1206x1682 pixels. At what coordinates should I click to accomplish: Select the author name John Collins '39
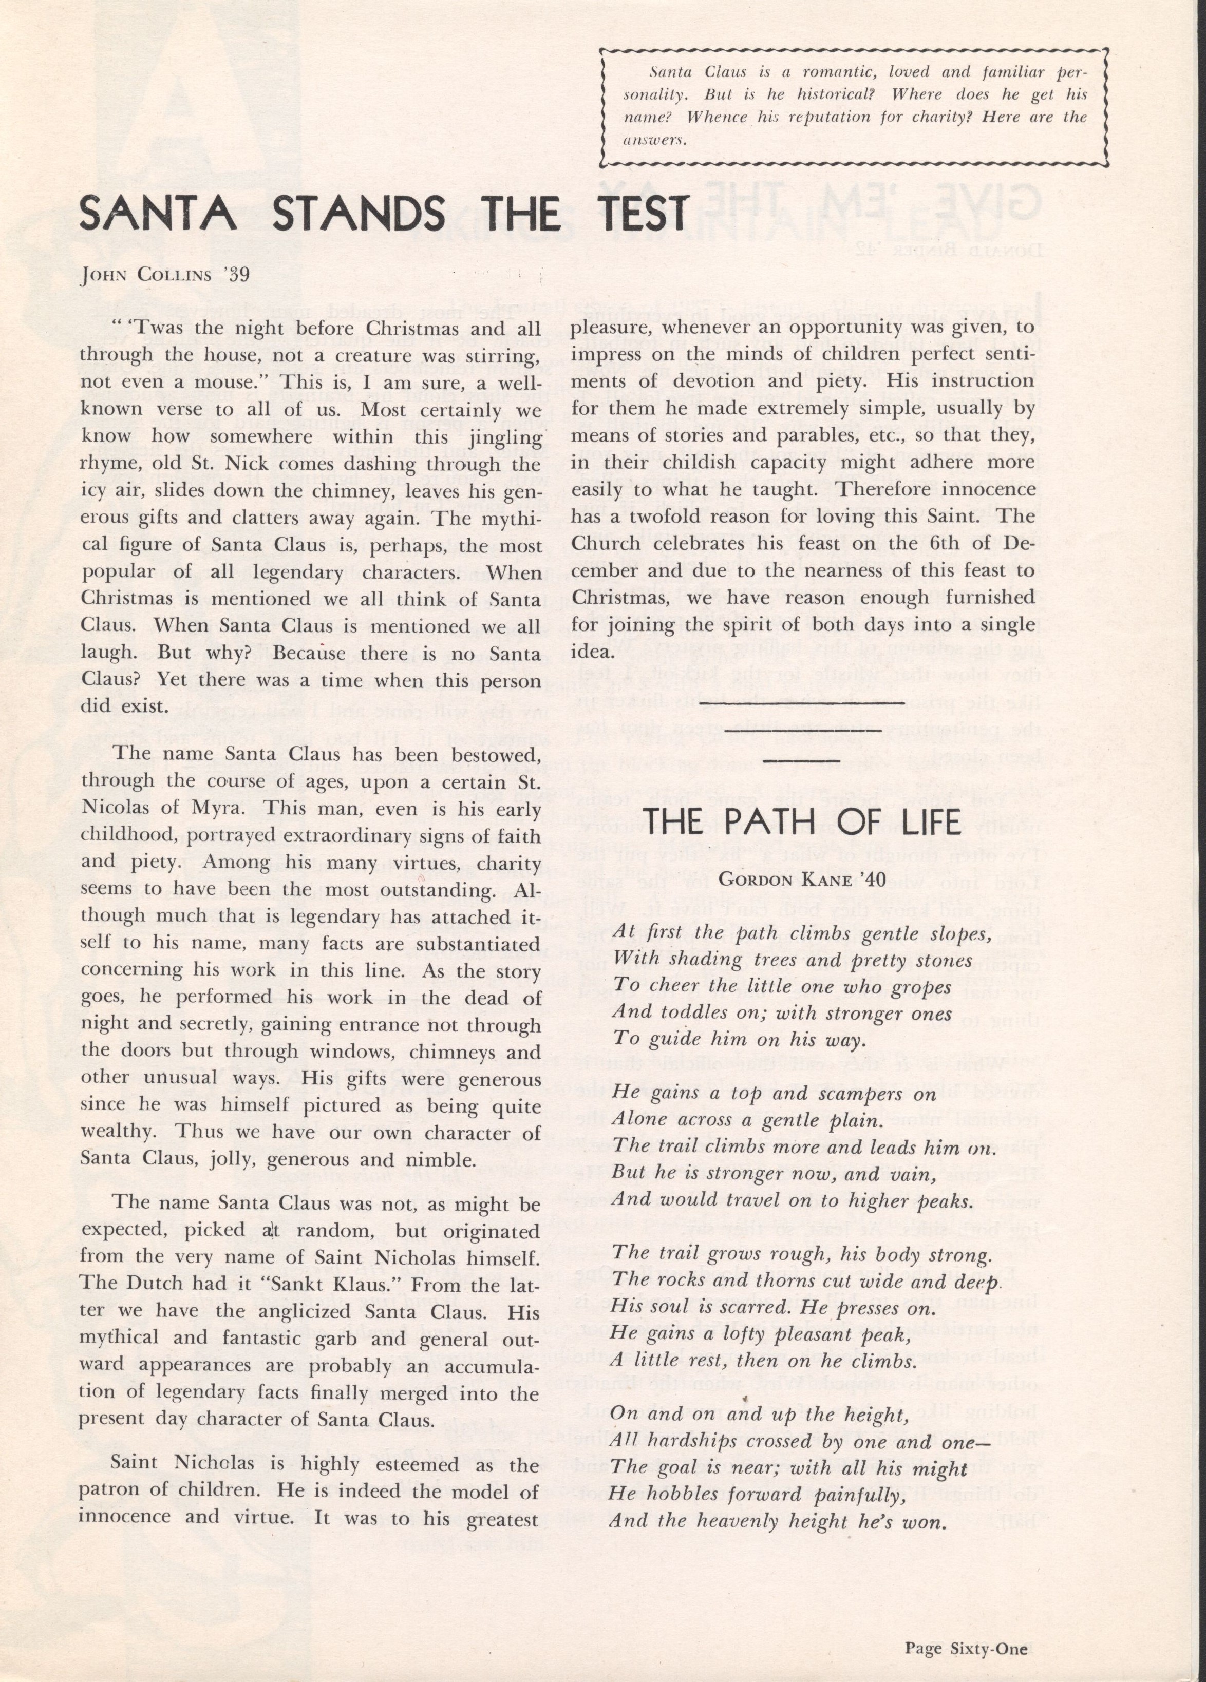click(165, 275)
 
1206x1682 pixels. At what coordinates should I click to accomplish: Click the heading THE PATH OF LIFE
click(802, 823)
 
